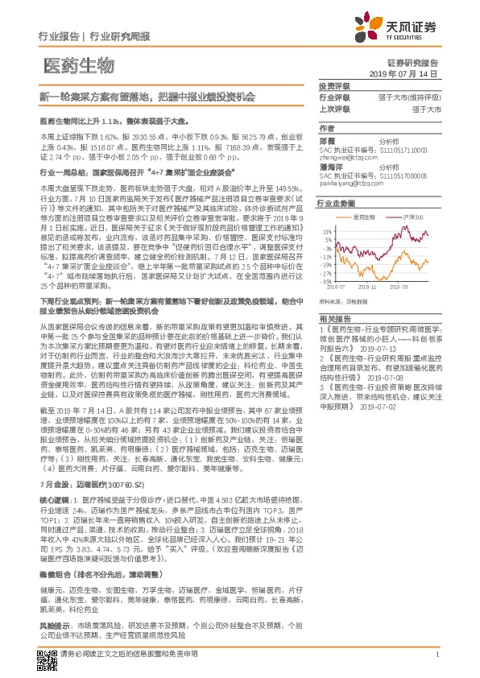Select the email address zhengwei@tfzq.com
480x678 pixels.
click(x=349, y=159)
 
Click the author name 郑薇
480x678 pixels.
click(x=330, y=139)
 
